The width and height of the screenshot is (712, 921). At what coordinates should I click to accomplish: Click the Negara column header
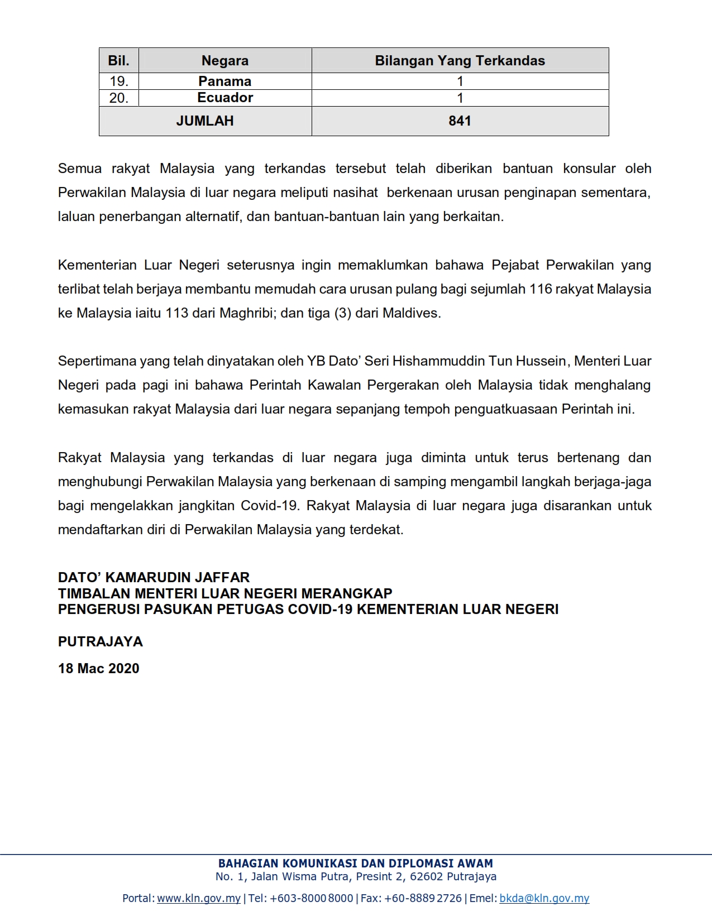[x=225, y=60]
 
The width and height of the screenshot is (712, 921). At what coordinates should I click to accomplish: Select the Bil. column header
[x=118, y=60]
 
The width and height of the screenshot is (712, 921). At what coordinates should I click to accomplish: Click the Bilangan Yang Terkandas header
[x=460, y=60]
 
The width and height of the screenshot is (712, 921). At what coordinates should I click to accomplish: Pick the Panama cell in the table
[x=225, y=81]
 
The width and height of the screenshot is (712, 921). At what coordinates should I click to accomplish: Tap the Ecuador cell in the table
[x=225, y=98]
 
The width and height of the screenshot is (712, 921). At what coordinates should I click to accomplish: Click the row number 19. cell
[x=118, y=81]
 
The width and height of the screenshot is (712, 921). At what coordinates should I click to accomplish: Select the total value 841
[x=460, y=121]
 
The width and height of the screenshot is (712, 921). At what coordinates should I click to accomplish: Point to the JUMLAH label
[x=205, y=121]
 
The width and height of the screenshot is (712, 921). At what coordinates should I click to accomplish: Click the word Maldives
[x=411, y=313]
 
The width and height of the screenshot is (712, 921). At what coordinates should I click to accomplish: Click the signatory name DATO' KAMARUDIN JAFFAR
[x=154, y=577]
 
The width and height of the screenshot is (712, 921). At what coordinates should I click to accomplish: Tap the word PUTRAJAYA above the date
[x=101, y=641]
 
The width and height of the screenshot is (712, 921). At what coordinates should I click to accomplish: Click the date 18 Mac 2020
[x=99, y=668]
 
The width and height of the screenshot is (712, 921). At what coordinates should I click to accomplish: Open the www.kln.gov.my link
[x=199, y=898]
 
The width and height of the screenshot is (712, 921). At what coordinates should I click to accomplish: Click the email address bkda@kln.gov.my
[x=544, y=898]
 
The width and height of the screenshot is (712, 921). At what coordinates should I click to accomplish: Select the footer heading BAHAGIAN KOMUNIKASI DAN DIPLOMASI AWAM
[x=356, y=863]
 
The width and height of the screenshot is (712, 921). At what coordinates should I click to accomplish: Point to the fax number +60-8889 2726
[x=423, y=898]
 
